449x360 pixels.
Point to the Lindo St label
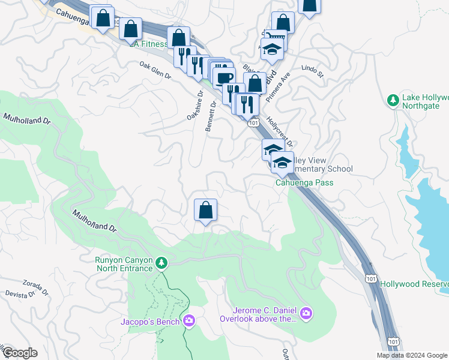313,72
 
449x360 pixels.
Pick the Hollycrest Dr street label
280,131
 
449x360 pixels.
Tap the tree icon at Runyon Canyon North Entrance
161,263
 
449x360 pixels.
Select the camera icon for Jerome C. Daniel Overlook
307,313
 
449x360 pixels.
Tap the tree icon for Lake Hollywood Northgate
394,100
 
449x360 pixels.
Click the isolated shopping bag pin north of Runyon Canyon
205,210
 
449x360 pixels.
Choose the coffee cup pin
224,77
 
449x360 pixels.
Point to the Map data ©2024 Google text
411,355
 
